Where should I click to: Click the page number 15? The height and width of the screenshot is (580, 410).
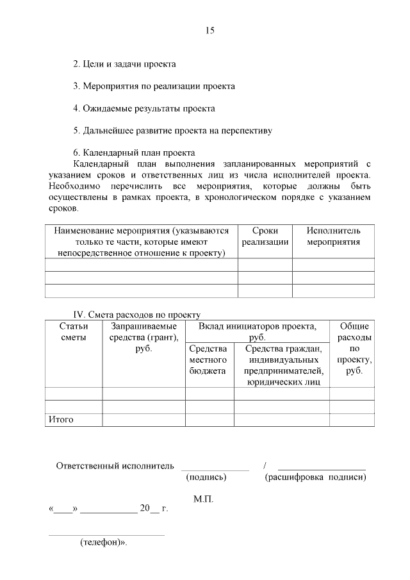pos(210,31)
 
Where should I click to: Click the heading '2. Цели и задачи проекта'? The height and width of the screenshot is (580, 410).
pos(124,65)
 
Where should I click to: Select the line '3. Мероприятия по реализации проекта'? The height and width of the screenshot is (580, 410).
pos(154,86)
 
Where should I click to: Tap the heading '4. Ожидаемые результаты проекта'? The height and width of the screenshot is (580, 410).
pos(143,108)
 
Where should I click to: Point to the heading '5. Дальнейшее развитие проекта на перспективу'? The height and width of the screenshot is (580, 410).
pos(172,131)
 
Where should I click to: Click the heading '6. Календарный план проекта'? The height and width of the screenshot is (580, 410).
pos(134,153)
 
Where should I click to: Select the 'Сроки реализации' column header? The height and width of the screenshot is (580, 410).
pos(265,236)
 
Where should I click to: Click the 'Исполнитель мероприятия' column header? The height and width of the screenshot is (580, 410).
pos(333,236)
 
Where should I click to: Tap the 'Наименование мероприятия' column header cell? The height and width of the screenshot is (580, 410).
pos(142,242)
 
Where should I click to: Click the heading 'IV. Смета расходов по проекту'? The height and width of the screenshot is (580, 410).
pos(137,314)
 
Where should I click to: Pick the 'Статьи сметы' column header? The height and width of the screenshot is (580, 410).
pos(73,332)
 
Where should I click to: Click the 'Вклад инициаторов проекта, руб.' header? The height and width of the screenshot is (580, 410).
pos(257,331)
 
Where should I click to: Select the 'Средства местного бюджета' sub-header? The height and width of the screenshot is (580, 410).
pos(208,360)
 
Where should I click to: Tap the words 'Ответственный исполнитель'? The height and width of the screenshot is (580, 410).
pos(115,465)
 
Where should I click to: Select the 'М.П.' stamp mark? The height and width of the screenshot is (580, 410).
pos(203,499)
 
